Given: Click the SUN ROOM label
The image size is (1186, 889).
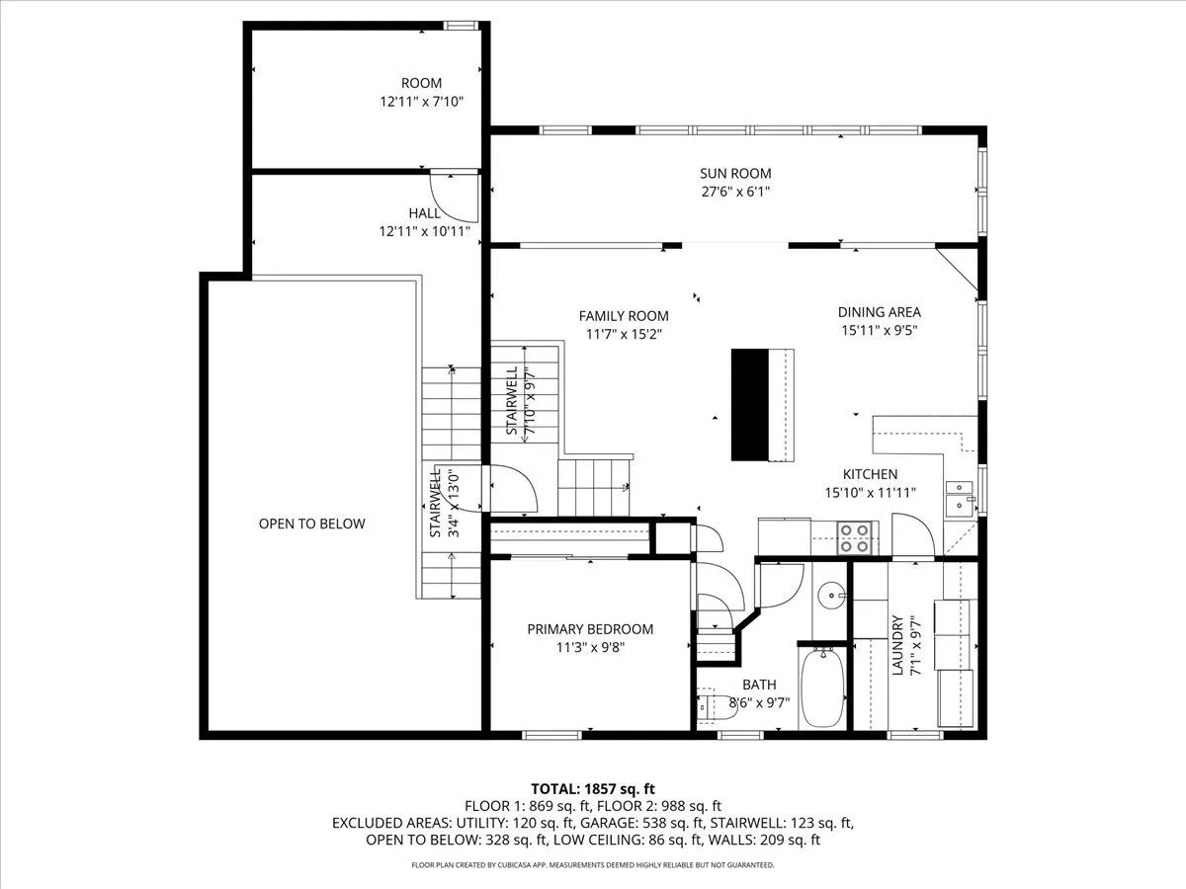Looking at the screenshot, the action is (735, 173).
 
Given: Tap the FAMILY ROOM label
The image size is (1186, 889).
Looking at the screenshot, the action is (624, 316).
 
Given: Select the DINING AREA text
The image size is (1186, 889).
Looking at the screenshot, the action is (879, 312).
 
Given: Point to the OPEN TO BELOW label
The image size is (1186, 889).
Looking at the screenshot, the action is (311, 524).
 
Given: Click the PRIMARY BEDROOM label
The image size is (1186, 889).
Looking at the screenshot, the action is (590, 629).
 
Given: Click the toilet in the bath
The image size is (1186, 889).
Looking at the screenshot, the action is (717, 706).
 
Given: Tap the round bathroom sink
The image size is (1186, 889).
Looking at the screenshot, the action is (830, 596).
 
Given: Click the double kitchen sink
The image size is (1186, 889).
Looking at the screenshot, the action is (960, 498).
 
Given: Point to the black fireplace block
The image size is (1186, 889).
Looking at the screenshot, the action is (750, 405).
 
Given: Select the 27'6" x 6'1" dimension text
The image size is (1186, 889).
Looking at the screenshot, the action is (735, 192).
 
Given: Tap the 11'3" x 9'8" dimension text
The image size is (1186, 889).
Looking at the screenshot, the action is (590, 647).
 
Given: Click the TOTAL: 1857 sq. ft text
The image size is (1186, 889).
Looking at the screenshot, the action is (593, 789).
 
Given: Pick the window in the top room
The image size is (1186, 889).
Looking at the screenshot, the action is (461, 26).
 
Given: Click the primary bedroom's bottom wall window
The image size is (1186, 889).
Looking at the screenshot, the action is (551, 735).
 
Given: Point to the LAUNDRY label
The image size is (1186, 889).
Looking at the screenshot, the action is (897, 645).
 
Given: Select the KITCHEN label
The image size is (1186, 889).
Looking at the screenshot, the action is (870, 474).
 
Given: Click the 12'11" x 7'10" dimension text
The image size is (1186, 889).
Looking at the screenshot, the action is (421, 102).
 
